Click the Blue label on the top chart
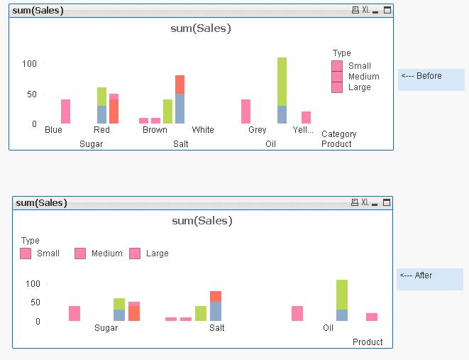click(x=53, y=130)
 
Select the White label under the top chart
click(x=203, y=130)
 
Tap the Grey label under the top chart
click(x=258, y=130)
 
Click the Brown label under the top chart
click(x=155, y=130)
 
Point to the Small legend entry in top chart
click(x=359, y=66)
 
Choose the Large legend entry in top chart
click(x=359, y=87)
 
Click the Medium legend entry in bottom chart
click(x=106, y=253)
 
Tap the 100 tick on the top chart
click(x=29, y=64)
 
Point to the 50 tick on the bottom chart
click(x=33, y=302)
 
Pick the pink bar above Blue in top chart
click(x=65, y=111)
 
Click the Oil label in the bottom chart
click(x=328, y=328)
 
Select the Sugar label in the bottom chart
click(x=106, y=328)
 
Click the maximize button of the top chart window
click(x=387, y=10)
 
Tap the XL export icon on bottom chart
click(x=365, y=203)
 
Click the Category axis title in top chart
click(x=339, y=134)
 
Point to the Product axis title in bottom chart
click(x=368, y=342)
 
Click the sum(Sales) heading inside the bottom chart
click(x=202, y=221)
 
